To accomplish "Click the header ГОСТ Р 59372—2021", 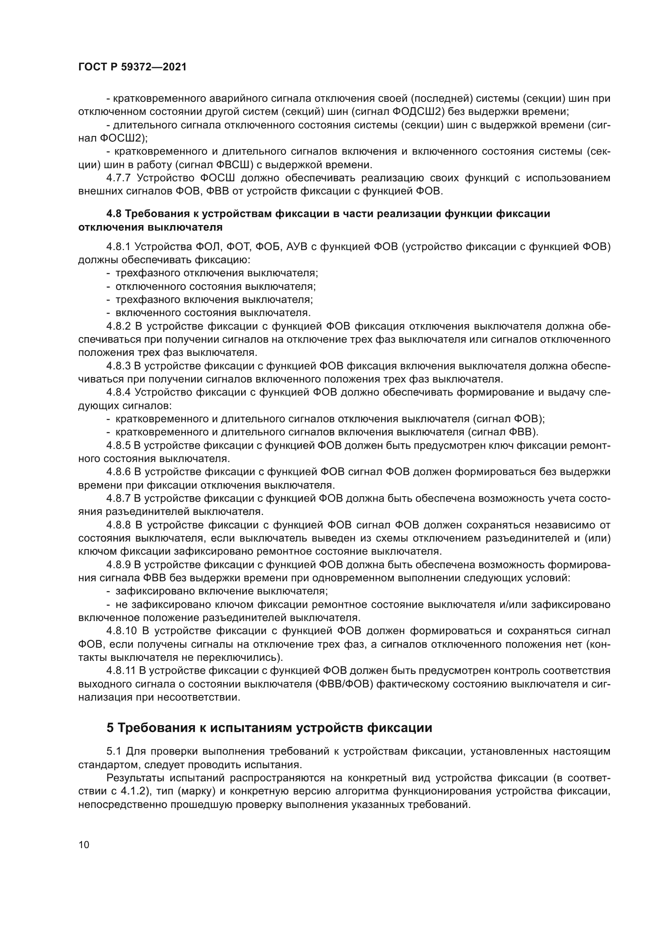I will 132,67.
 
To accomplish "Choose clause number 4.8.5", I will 118,446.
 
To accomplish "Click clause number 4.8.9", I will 118,565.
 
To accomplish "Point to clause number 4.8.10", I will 122,631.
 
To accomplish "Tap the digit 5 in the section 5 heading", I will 110,728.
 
